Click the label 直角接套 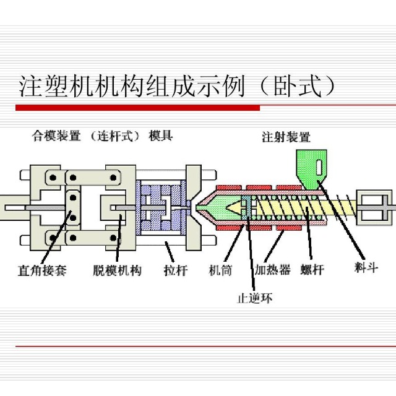pos(41,270)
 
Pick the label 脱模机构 pos(118,270)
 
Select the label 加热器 pos(272,270)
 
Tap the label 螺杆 pos(312,270)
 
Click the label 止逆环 pos(254,298)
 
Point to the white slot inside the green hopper pos(318,167)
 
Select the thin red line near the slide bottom pos(204,346)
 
